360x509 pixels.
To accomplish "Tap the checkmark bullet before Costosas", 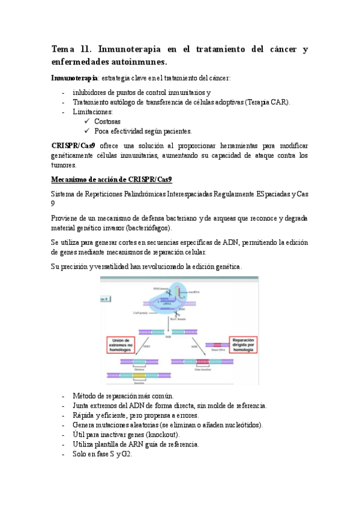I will click(88, 121).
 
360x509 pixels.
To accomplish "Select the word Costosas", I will click(107, 121).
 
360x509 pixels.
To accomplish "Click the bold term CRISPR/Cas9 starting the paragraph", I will click(73, 146).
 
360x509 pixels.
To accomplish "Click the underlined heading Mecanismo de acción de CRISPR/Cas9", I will click(112, 179).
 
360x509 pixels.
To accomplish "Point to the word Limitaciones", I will click(92, 112).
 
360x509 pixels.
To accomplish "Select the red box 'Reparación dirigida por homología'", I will click(239, 342).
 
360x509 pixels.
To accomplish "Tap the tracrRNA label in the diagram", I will click(193, 292).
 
